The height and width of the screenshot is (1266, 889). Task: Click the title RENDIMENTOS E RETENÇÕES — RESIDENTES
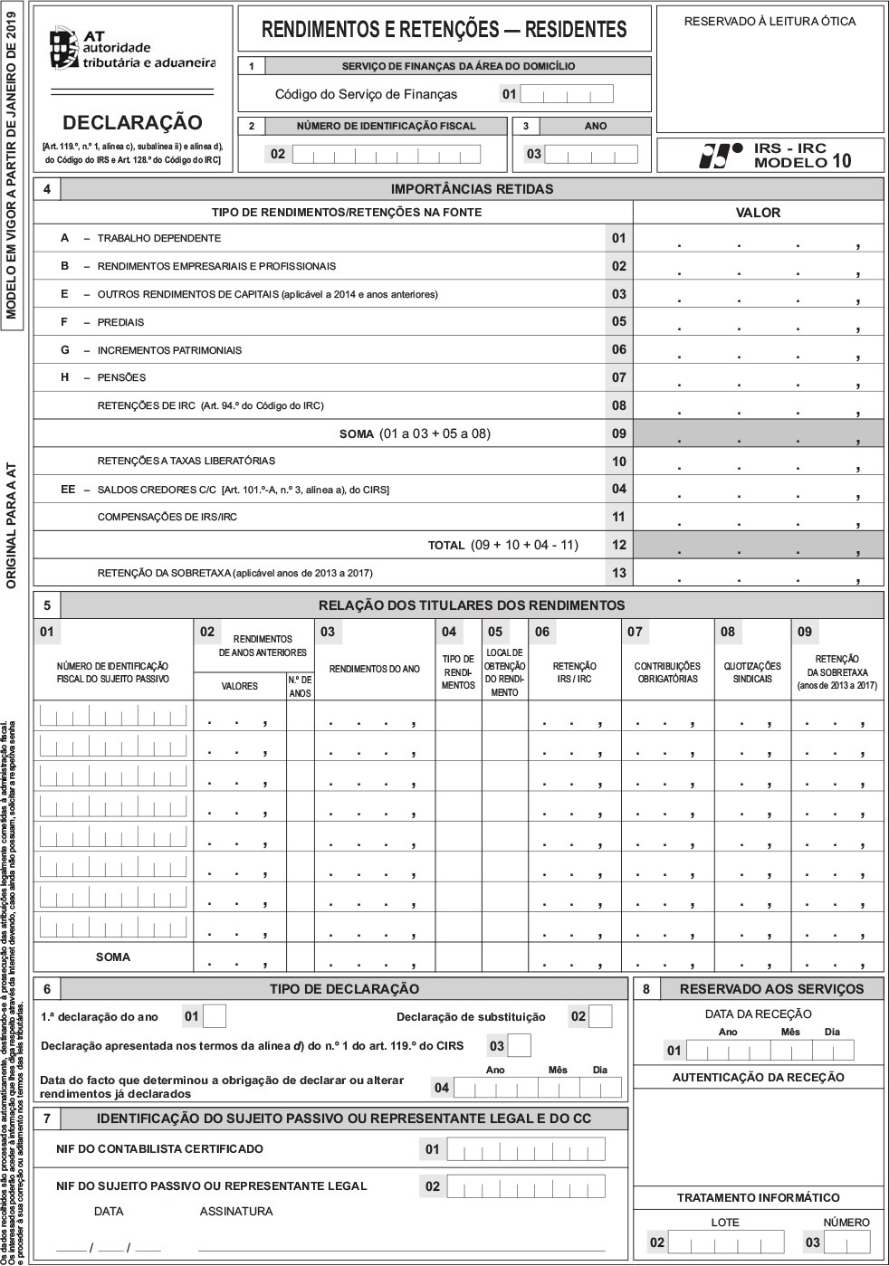(444, 30)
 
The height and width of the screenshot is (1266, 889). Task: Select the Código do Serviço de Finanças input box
(567, 94)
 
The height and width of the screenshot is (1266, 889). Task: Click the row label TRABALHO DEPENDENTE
(158, 238)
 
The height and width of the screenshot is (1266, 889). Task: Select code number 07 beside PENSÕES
(618, 377)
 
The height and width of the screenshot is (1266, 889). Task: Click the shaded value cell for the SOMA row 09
(758, 433)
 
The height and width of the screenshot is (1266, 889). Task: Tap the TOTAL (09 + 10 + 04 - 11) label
(502, 545)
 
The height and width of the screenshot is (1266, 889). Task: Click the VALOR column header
(758, 213)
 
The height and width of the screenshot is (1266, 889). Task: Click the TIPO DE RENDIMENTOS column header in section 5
(457, 672)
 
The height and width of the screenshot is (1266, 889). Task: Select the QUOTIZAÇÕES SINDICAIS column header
(752, 672)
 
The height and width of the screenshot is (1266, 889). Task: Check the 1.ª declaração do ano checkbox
(215, 1016)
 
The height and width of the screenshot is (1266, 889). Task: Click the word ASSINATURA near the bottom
(235, 1211)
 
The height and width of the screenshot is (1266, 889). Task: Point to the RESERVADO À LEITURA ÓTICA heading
(770, 21)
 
